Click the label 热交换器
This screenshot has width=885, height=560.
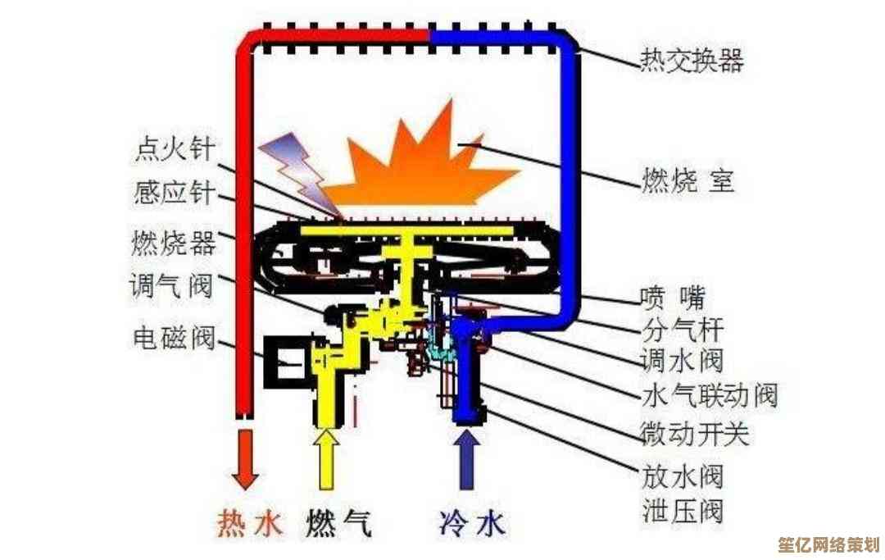[x=692, y=61]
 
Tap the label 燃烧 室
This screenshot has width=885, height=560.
[x=688, y=180]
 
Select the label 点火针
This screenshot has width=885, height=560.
[x=175, y=148]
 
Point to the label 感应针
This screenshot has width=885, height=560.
[x=175, y=194]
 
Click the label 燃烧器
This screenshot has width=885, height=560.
[x=174, y=243]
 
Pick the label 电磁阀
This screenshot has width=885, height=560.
[x=174, y=336]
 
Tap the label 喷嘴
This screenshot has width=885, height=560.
[x=672, y=296]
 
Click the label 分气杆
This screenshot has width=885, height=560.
[x=681, y=329]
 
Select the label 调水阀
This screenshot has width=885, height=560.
[x=681, y=361]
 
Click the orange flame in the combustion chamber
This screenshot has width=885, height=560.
[x=422, y=164]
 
